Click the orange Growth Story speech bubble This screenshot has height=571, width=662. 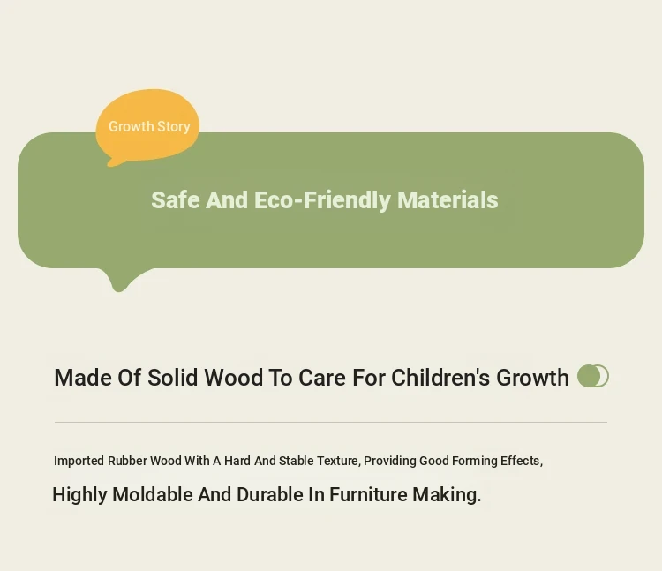pyautogui.click(x=147, y=126)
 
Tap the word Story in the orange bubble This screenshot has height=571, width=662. pyautogui.click(x=174, y=126)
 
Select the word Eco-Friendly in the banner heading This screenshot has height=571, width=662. pyautogui.click(x=322, y=201)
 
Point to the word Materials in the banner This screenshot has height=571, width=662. pyautogui.click(x=448, y=200)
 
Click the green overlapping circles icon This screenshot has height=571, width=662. pyautogui.click(x=593, y=376)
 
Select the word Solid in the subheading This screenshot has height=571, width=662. pyautogui.click(x=172, y=378)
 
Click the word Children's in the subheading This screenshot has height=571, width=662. pyautogui.click(x=440, y=378)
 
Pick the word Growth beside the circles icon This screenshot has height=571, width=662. pyautogui.click(x=532, y=378)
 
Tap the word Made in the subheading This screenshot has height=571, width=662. pyautogui.click(x=83, y=378)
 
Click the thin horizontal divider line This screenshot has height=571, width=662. pyautogui.click(x=331, y=422)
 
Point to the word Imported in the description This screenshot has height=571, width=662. pyautogui.click(x=79, y=461)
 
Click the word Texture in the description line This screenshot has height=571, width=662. pyautogui.click(x=339, y=461)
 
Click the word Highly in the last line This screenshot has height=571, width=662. pyautogui.click(x=79, y=495)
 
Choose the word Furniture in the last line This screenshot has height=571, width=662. pyautogui.click(x=368, y=494)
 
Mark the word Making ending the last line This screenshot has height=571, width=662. pyautogui.click(x=447, y=495)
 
